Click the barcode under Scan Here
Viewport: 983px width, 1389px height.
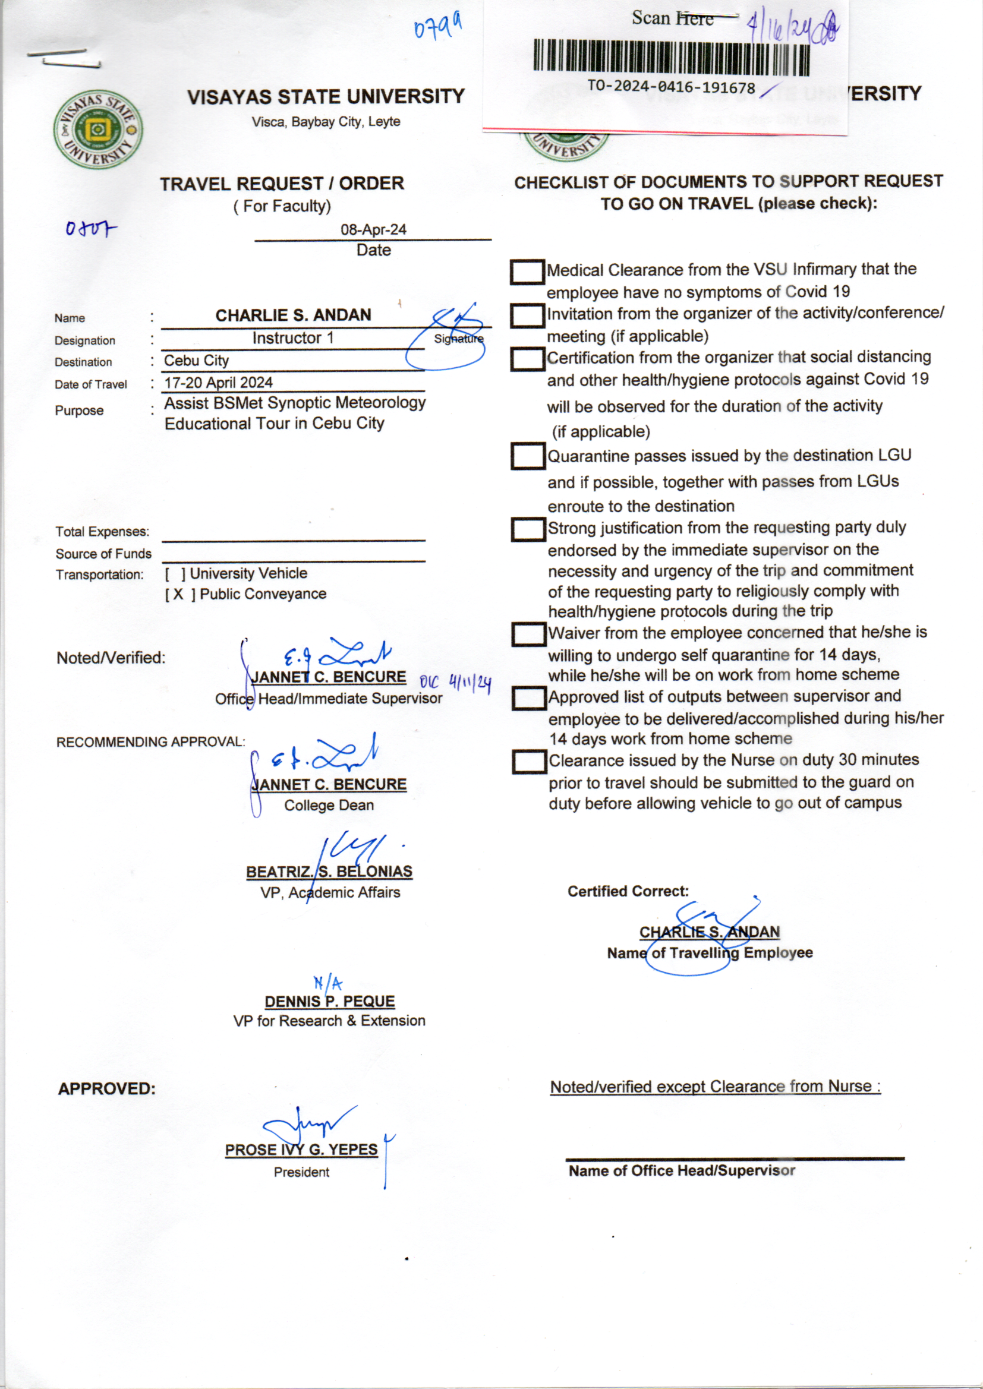click(670, 58)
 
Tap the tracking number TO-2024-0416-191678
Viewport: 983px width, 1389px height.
click(670, 87)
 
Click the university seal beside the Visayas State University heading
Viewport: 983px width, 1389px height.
click(98, 130)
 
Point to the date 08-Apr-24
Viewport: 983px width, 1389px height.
click(373, 230)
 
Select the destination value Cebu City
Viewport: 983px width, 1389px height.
click(196, 361)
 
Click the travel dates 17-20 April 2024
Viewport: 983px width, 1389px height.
click(219, 383)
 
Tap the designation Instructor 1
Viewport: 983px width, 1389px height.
click(293, 338)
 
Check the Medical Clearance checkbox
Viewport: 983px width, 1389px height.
click(527, 272)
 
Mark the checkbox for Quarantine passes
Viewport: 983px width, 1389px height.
click(528, 456)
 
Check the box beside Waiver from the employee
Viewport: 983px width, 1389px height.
click(528, 634)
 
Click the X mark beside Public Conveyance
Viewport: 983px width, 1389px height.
click(178, 594)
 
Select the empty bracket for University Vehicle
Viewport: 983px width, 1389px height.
click(175, 573)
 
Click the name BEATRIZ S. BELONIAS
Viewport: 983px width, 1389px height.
click(329, 872)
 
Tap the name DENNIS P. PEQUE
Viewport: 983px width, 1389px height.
click(329, 1002)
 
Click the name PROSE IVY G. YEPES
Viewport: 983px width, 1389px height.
click(301, 1150)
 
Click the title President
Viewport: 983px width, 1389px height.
click(301, 1172)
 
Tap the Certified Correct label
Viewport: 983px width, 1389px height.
click(628, 891)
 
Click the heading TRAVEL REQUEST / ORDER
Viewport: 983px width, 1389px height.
click(282, 184)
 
